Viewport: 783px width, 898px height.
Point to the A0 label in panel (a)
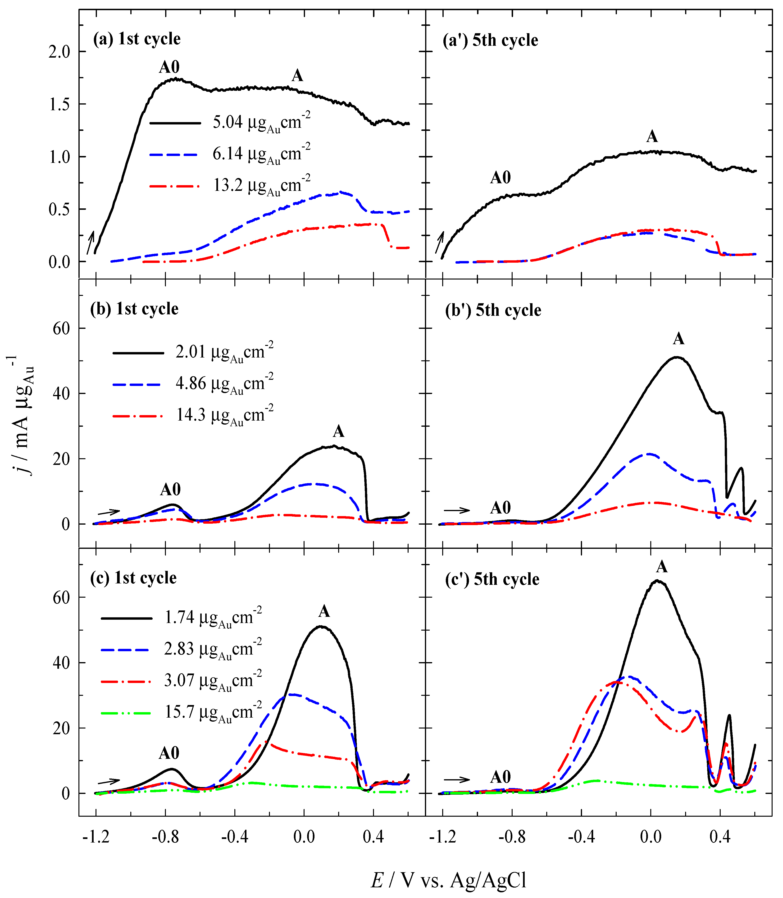pos(169,67)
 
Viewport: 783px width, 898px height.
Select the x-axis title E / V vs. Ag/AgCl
pos(449,880)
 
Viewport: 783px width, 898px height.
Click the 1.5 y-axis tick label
pos(59,105)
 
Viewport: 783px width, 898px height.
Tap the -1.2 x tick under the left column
pos(96,837)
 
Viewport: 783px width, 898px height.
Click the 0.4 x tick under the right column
pos(720,837)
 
